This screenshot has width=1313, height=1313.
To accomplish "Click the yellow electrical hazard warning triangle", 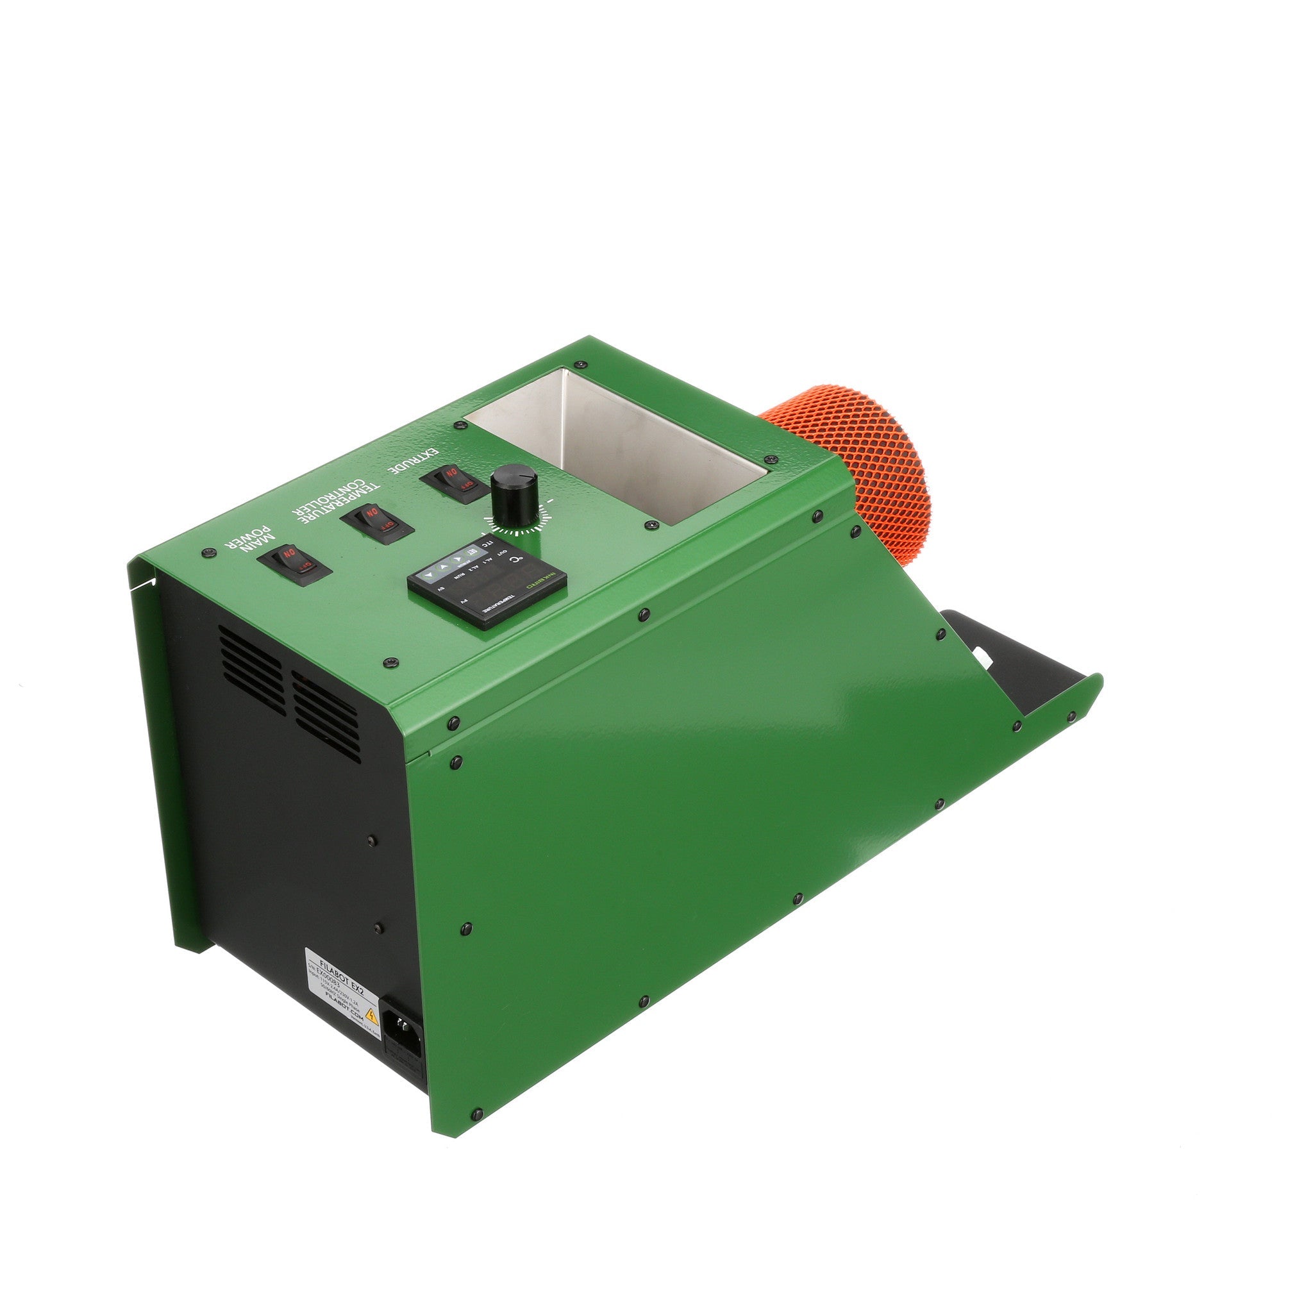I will click(x=371, y=1017).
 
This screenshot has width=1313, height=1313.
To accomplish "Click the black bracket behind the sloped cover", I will click(x=1012, y=659).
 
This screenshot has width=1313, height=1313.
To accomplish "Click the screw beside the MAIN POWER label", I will click(x=207, y=553).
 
